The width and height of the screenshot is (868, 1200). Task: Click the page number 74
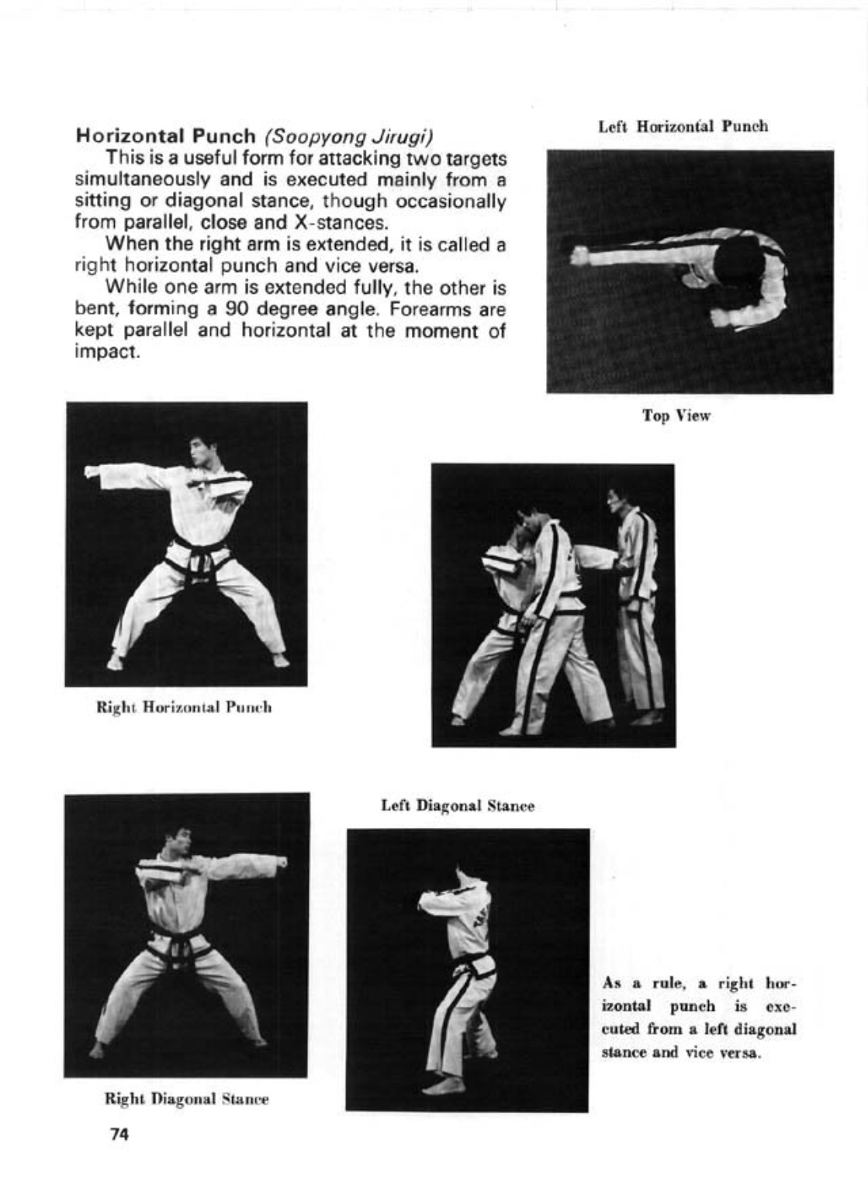pyautogui.click(x=119, y=1135)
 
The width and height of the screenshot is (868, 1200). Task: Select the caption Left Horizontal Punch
pyautogui.click(x=683, y=126)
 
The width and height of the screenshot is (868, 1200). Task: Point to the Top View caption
pyautogui.click(x=676, y=416)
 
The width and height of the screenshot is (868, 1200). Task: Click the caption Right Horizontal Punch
pyautogui.click(x=183, y=707)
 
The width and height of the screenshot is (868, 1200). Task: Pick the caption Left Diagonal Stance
pyautogui.click(x=458, y=806)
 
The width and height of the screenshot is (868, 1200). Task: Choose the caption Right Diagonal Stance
pyautogui.click(x=186, y=1099)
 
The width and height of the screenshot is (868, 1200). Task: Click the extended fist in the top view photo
pyautogui.click(x=580, y=255)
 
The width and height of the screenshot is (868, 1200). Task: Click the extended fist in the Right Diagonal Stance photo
pyautogui.click(x=280, y=862)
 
